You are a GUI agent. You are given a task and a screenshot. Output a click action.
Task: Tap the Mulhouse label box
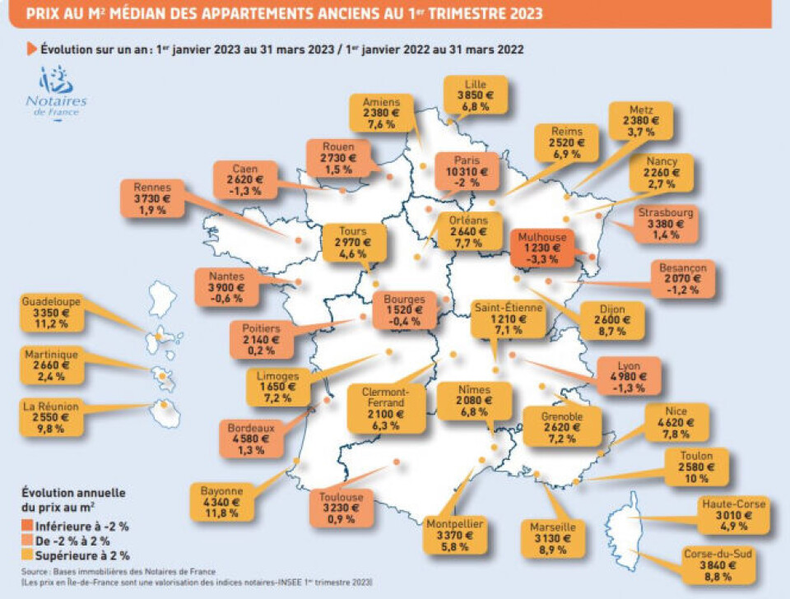[541, 247]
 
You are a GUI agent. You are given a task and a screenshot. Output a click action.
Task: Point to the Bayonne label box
[221, 501]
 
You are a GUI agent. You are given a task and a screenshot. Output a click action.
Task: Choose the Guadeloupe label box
[52, 312]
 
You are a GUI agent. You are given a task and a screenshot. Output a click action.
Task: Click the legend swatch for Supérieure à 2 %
[28, 555]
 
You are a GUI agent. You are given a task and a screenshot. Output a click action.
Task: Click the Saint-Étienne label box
[509, 319]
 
